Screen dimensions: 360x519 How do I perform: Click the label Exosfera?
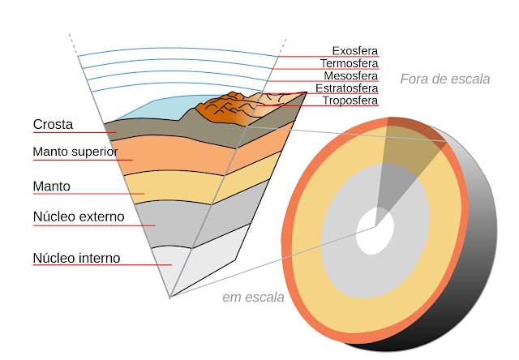[355, 51]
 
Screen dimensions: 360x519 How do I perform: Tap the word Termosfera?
[349, 63]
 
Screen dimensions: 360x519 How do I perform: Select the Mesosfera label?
[350, 75]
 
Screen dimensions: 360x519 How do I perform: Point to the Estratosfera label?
[346, 88]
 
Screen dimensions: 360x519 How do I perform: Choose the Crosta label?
[54, 125]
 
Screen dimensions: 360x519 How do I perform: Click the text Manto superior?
[75, 152]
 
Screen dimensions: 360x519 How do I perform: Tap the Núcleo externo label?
[79, 216]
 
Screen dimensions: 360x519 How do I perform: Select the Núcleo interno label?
[76, 258]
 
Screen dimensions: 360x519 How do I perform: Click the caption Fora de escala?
[444, 79]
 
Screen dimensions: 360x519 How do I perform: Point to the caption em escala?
[253, 297]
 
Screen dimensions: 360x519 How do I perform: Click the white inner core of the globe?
[375, 229]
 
